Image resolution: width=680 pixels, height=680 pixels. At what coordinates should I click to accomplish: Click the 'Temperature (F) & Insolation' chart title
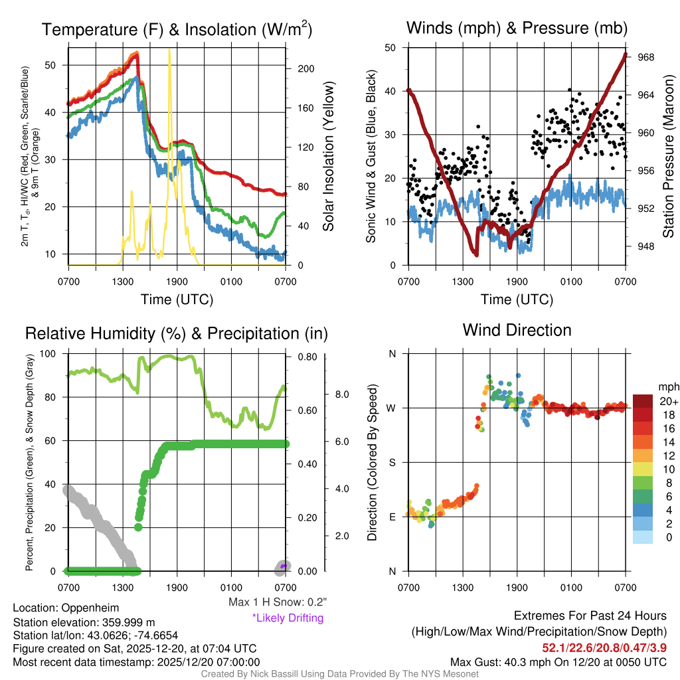177,29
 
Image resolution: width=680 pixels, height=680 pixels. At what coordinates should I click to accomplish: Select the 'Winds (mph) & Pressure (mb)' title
517,28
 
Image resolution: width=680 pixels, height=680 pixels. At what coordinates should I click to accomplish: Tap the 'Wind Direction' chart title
517,329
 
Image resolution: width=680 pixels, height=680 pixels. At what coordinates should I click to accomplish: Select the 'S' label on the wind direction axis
392,462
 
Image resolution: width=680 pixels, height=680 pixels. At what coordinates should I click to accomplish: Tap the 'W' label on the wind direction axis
392,408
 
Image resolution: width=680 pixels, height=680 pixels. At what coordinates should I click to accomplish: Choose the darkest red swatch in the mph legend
643,400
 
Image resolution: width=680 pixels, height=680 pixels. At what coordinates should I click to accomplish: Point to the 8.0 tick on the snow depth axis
340,394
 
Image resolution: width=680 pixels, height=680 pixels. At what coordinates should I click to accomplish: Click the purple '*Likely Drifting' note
288,618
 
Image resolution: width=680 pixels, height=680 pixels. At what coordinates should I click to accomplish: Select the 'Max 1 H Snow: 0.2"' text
278,602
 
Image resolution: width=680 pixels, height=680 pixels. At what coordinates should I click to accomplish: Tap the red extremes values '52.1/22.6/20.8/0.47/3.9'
605,647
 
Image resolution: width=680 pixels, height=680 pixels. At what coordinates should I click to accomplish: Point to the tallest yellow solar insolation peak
169,50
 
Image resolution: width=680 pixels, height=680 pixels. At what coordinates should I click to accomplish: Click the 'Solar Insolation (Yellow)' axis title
328,157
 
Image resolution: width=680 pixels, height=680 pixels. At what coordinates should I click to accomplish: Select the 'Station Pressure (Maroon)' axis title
669,157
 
